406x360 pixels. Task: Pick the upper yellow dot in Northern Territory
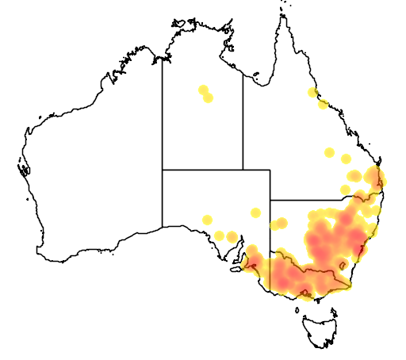pos(203,90)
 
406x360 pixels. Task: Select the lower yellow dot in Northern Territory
pos(208,98)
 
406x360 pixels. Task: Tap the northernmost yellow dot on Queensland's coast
pos(312,93)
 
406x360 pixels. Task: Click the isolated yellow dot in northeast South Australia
pos(255,213)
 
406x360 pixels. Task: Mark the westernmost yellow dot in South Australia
pos(207,220)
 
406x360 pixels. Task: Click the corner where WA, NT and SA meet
pos(163,170)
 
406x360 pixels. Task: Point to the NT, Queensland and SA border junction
pos(243,170)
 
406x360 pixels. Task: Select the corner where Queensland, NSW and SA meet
pos(270,201)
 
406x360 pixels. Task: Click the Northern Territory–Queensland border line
pos(243,119)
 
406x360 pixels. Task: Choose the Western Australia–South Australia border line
pos(163,198)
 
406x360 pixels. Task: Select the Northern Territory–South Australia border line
pos(202,170)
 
